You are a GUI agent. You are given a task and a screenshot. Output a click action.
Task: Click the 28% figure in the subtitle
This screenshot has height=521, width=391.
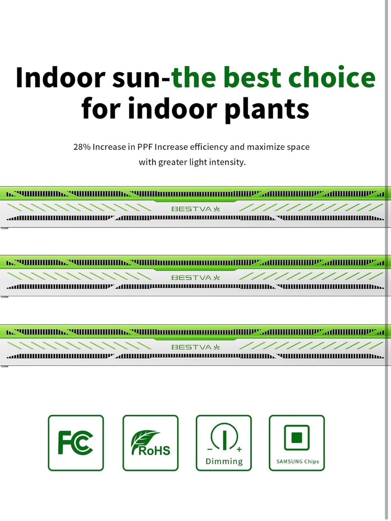click(x=82, y=147)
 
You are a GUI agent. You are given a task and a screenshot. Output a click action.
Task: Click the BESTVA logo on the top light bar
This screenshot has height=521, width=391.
click(x=195, y=209)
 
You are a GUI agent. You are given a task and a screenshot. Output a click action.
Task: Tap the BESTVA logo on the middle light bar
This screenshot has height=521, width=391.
click(x=195, y=278)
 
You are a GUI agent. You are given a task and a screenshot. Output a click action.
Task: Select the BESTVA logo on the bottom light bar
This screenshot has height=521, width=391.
click(x=195, y=347)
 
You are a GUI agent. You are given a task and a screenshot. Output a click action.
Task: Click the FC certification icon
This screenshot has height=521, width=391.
click(x=76, y=443)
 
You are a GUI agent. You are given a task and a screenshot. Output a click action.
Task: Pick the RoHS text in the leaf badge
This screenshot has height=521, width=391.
click(x=154, y=451)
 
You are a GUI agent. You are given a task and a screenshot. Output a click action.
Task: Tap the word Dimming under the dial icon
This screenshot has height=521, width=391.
click(x=224, y=461)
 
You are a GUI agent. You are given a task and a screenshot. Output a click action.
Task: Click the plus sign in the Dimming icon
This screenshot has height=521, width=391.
click(x=239, y=449)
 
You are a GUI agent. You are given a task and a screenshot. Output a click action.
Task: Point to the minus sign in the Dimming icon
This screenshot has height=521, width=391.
click(x=210, y=449)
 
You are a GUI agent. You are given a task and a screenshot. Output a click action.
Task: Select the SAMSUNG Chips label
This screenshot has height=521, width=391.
click(x=298, y=462)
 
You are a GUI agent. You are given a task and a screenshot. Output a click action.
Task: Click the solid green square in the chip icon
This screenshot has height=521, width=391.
click(x=297, y=438)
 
